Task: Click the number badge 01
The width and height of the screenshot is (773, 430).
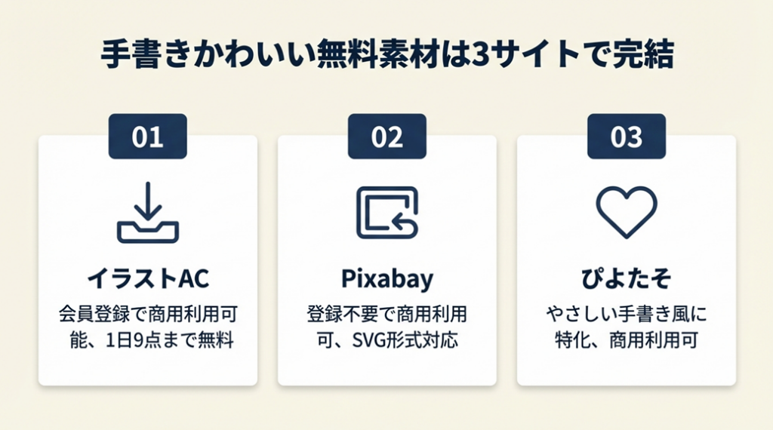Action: (x=147, y=137)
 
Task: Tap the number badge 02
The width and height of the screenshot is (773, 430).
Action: (x=387, y=137)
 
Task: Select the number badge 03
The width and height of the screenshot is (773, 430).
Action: (x=626, y=137)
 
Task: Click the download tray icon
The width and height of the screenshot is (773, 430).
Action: (x=147, y=212)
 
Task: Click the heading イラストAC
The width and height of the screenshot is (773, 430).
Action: (x=148, y=278)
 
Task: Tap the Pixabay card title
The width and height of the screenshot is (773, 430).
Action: (x=387, y=279)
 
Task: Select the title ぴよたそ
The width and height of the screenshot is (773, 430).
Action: (x=626, y=278)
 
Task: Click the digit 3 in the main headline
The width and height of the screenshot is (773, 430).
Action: (x=479, y=54)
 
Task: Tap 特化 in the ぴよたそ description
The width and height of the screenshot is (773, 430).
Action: (x=572, y=340)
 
